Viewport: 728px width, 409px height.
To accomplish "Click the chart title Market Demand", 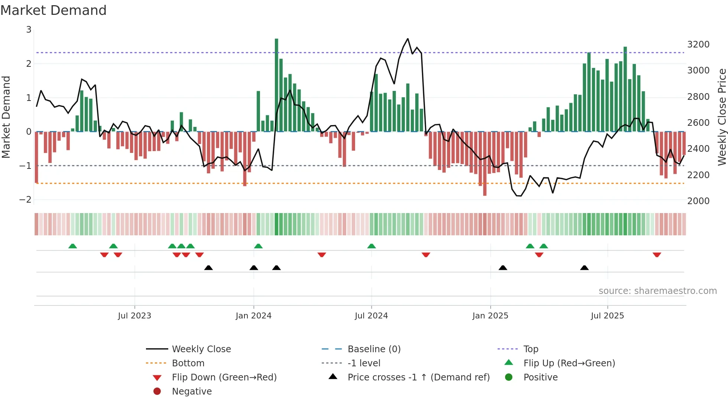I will point(53,10).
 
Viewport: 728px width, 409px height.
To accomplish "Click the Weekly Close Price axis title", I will point(722,117).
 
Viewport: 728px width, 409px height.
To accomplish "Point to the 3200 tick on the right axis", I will point(698,45).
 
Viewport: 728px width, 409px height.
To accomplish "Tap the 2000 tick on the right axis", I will point(698,201).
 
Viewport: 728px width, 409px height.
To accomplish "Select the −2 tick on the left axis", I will point(25,200).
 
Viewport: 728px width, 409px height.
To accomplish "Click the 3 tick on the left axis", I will point(29,30).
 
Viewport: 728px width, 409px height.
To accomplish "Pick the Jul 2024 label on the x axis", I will point(371,316).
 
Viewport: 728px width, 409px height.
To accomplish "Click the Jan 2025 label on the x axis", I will point(490,316).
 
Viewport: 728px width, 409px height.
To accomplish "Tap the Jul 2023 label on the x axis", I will point(134,316).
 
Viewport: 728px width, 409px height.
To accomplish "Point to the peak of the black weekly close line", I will point(407,39).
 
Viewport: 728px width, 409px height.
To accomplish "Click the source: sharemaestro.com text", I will point(657,291).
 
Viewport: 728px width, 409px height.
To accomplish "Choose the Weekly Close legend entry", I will point(201,349).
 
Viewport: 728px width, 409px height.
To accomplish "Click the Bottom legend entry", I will point(188,363).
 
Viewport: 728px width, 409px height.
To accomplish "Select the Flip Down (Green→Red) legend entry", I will point(224,377).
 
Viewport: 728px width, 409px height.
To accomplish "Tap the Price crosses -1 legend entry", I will point(419,377).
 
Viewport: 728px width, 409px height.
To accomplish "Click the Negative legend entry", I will point(192,392).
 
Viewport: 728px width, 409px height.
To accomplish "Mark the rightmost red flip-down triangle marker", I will point(657,255).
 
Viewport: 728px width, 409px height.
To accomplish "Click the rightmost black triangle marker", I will point(584,268).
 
